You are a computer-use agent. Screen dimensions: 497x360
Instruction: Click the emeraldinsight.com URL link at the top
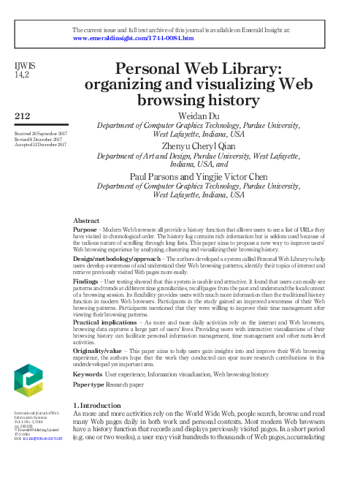133,38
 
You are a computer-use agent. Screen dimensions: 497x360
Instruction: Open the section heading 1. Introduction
101,404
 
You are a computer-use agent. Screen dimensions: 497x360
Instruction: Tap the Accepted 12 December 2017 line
40,145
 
